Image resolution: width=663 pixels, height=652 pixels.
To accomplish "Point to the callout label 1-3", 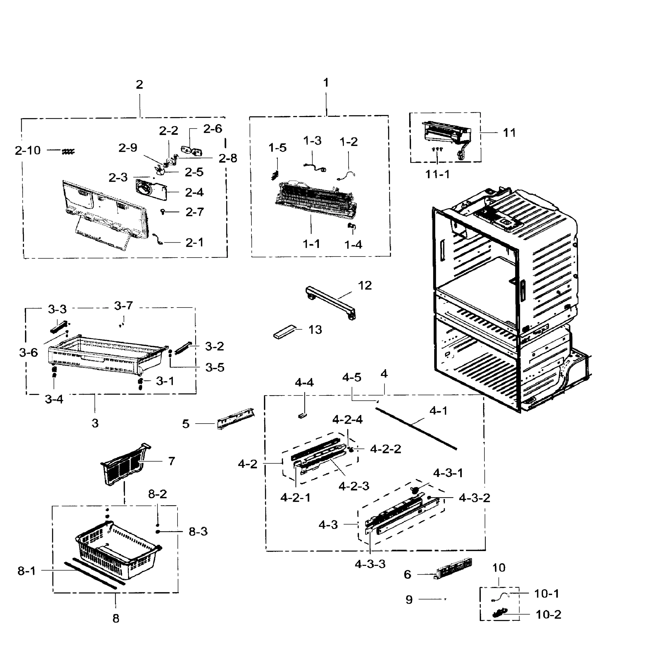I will pyautogui.click(x=312, y=140).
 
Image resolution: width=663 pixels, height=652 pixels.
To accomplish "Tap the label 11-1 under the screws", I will pyautogui.click(x=437, y=174).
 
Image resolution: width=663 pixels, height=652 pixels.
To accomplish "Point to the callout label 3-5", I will pyautogui.click(x=214, y=368).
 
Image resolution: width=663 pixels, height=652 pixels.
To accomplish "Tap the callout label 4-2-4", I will pyautogui.click(x=347, y=419).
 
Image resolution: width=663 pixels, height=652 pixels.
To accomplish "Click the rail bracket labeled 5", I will pyautogui.click(x=236, y=418).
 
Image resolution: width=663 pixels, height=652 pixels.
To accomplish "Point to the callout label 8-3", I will pyautogui.click(x=198, y=532).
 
